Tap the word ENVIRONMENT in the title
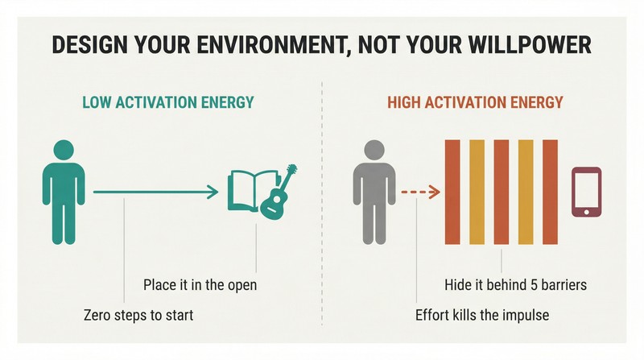(x=262, y=46)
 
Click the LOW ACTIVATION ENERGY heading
(x=168, y=102)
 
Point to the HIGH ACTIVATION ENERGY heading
(x=475, y=102)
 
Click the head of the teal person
(x=64, y=150)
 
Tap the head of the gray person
(x=374, y=150)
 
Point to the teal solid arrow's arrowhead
(x=213, y=192)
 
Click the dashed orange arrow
(x=420, y=192)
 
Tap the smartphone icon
(x=587, y=192)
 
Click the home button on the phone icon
(x=587, y=212)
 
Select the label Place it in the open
(x=200, y=285)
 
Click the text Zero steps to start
(x=138, y=315)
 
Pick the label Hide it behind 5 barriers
(x=515, y=285)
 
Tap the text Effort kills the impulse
(x=482, y=315)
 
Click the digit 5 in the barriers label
(x=534, y=285)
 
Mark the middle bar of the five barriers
(x=501, y=192)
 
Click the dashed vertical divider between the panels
(x=322, y=204)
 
